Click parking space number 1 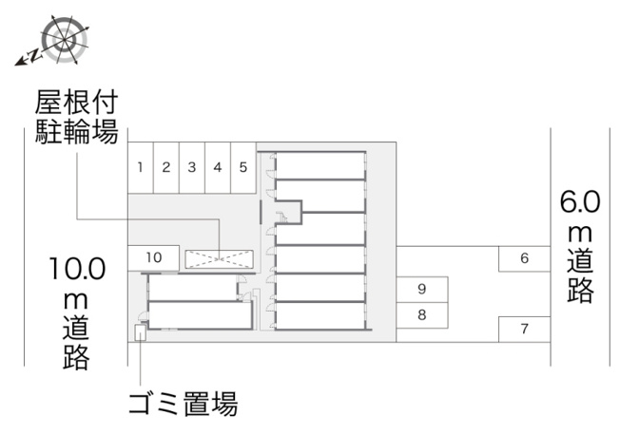click(x=141, y=167)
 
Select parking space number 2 click(x=166, y=167)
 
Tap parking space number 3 click(x=192, y=167)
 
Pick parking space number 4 click(x=218, y=167)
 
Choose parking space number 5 click(x=243, y=167)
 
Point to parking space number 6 click(x=524, y=258)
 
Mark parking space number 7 click(x=524, y=330)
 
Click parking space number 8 click(x=422, y=315)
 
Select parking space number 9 click(x=422, y=290)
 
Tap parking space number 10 click(x=153, y=258)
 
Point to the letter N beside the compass click(x=35, y=55)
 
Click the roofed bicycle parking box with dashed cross click(x=220, y=259)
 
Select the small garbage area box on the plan click(x=141, y=332)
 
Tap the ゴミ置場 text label click(x=184, y=404)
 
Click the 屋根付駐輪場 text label click(x=77, y=117)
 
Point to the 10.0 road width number click(x=78, y=269)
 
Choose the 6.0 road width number click(x=580, y=201)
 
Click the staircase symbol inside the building click(x=283, y=217)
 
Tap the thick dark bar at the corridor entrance click(x=261, y=212)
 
